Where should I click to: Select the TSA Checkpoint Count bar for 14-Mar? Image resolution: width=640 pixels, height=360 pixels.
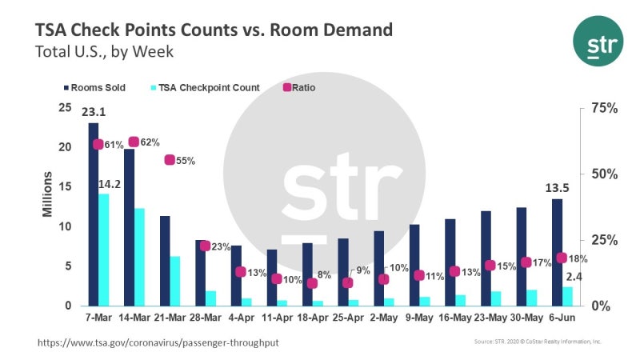click(x=140, y=257)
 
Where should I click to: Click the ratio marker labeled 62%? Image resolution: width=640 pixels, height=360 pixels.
click(x=134, y=142)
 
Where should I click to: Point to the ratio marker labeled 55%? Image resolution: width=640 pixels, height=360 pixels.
click(x=170, y=160)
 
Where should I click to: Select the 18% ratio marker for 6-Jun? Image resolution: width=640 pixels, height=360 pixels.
click(x=562, y=258)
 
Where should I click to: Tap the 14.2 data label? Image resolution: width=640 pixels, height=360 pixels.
click(x=109, y=185)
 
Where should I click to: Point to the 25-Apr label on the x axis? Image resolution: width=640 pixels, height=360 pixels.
click(x=345, y=318)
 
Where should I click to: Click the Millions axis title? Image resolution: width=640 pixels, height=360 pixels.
click(x=47, y=194)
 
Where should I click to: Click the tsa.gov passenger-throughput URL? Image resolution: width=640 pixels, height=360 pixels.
click(x=158, y=342)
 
